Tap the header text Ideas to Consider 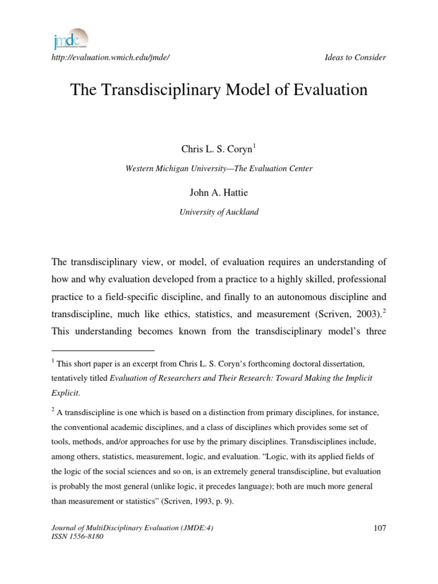[x=355, y=57]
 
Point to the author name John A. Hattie [x=218, y=193]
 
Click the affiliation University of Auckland [x=219, y=212]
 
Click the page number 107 [x=380, y=528]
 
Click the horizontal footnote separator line [x=103, y=348]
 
